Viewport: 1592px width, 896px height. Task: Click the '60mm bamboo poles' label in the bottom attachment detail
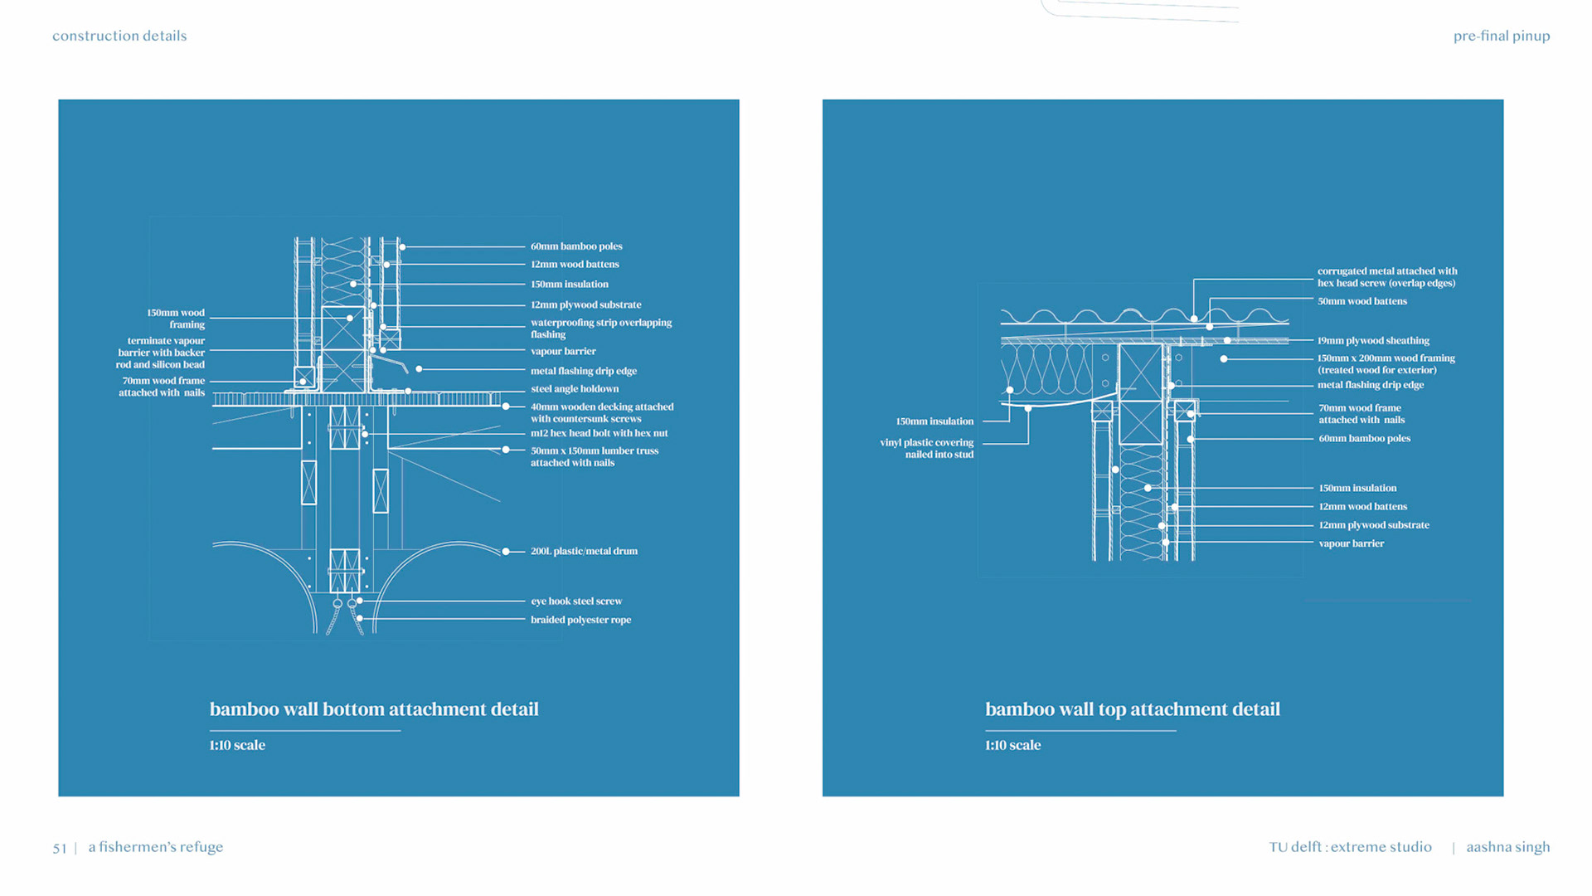pos(576,246)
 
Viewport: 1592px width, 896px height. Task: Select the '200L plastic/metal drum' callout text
pos(584,551)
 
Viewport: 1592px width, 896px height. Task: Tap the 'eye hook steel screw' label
pos(576,601)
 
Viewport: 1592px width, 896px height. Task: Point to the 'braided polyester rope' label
pos(580,620)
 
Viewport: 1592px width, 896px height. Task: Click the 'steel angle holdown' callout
pos(575,389)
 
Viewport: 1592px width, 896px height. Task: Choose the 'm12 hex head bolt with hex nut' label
pos(599,433)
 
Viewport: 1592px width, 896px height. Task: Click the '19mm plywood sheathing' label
pos(1373,341)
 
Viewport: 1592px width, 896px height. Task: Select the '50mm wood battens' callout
pos(1362,301)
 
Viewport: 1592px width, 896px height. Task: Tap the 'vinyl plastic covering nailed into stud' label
pos(927,449)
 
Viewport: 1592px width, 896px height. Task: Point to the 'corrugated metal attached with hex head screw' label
pos(1386,277)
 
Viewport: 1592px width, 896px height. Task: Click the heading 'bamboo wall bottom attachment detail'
pos(374,709)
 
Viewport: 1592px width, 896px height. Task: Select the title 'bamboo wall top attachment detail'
pos(1133,709)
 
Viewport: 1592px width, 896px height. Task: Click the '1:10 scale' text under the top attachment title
pos(1012,745)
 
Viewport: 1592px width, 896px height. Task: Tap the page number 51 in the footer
pos(60,848)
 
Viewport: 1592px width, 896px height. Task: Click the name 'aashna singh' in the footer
pos(1507,847)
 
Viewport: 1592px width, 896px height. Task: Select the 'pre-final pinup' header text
pos(1501,36)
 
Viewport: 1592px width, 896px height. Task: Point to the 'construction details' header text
pos(119,36)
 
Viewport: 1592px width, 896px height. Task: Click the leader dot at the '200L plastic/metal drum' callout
pos(506,551)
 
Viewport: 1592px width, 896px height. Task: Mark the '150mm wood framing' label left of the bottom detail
pos(176,319)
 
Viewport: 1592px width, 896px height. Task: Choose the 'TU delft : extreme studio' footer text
pos(1350,847)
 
